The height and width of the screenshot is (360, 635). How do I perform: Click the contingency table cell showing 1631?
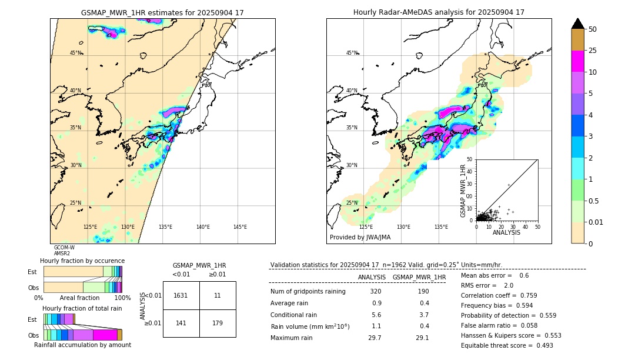coord(181,295)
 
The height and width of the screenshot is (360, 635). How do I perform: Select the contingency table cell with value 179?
coord(218,322)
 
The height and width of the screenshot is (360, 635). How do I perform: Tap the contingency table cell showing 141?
coord(181,322)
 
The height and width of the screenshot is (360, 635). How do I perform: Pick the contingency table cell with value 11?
coord(218,295)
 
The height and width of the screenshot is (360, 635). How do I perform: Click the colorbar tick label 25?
coord(593,51)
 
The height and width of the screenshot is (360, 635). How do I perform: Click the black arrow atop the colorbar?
coord(578,24)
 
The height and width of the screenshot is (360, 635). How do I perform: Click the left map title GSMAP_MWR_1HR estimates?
coord(162,12)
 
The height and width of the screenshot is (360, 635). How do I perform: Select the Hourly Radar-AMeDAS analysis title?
coord(439,12)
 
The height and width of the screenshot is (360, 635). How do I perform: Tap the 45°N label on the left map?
coord(76,53)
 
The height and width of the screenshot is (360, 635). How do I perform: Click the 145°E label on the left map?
coord(240,227)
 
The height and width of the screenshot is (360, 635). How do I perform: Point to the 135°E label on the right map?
coord(441,227)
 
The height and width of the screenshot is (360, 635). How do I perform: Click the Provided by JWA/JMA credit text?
coord(360,238)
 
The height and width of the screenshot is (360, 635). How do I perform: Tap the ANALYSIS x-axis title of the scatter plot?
coord(506,233)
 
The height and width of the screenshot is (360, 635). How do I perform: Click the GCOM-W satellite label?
coord(64,248)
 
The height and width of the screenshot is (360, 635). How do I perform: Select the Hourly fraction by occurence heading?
coord(82,261)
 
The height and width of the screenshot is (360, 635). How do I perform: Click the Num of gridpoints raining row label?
coord(308,292)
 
